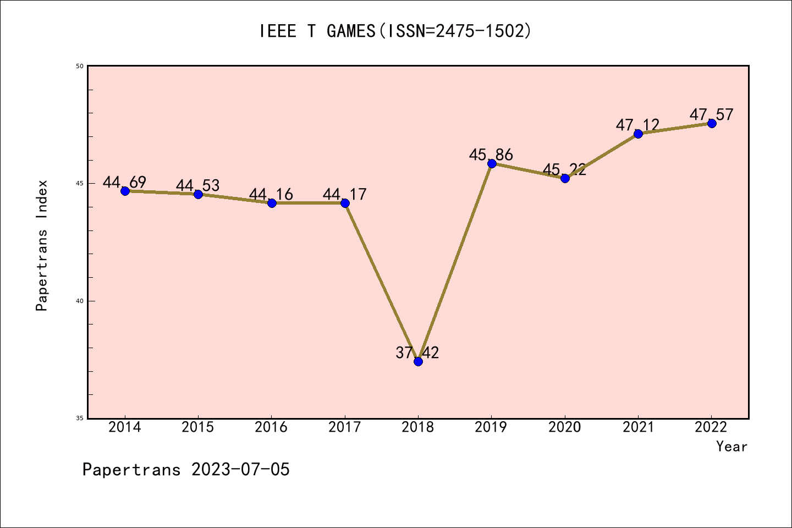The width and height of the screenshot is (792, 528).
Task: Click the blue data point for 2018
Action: coord(418,361)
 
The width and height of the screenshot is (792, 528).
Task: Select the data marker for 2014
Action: coord(125,191)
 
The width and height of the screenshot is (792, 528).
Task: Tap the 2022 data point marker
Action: coord(712,123)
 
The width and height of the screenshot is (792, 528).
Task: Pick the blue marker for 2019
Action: coord(492,163)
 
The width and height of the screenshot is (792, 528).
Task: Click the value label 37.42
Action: coord(417,353)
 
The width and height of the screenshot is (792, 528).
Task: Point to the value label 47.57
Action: coord(712,114)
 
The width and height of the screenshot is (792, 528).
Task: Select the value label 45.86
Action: coord(491,155)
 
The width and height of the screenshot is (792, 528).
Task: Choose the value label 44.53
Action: coord(198,185)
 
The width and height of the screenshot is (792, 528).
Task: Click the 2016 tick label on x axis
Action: coord(271,427)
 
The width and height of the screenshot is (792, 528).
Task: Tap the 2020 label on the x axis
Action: coord(565,427)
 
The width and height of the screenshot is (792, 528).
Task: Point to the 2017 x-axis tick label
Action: coord(345,427)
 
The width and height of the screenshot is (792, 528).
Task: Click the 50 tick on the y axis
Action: coord(80,66)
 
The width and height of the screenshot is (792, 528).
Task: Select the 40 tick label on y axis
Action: coord(80,301)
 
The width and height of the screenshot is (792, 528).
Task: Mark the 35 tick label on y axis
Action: coord(80,419)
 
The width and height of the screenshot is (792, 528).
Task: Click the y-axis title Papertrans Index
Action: coord(42,245)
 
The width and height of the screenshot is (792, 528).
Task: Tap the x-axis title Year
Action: coord(732,447)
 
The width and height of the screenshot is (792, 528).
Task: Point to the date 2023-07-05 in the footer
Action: coord(240,470)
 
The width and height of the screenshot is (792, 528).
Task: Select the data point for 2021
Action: coord(638,134)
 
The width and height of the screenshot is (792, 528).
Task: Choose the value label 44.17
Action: coord(345,194)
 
